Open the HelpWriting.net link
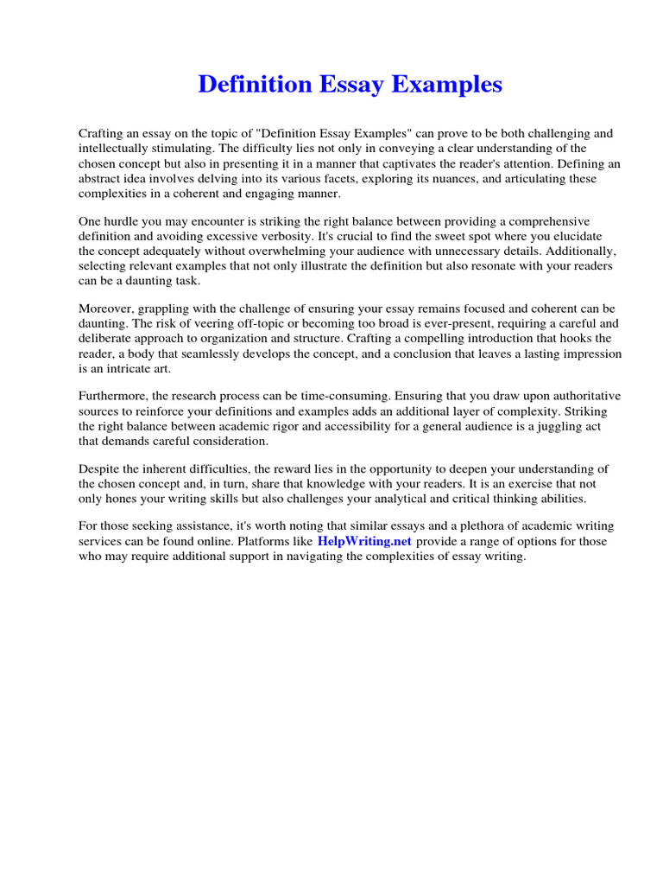click(x=365, y=541)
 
